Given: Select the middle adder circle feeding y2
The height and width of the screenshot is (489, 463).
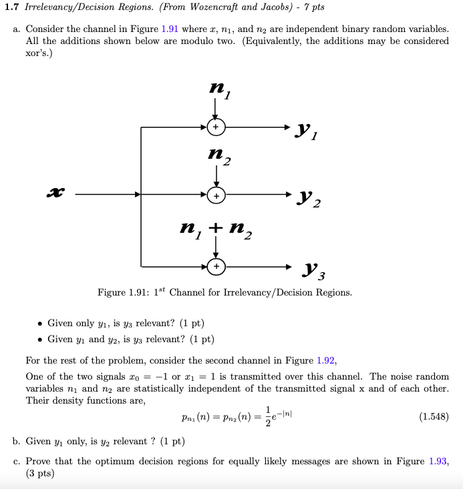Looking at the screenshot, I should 215,195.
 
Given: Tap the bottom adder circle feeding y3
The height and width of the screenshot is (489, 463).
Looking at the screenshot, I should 215,266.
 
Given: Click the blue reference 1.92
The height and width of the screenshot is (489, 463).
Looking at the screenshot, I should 326,361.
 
